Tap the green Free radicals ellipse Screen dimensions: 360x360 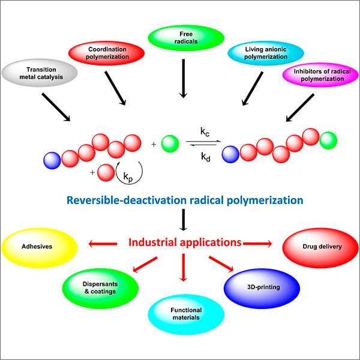pyautogui.click(x=180, y=35)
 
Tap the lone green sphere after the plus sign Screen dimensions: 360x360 pyautogui.click(x=170, y=145)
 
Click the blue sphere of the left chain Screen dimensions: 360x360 pyautogui.click(x=52, y=160)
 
